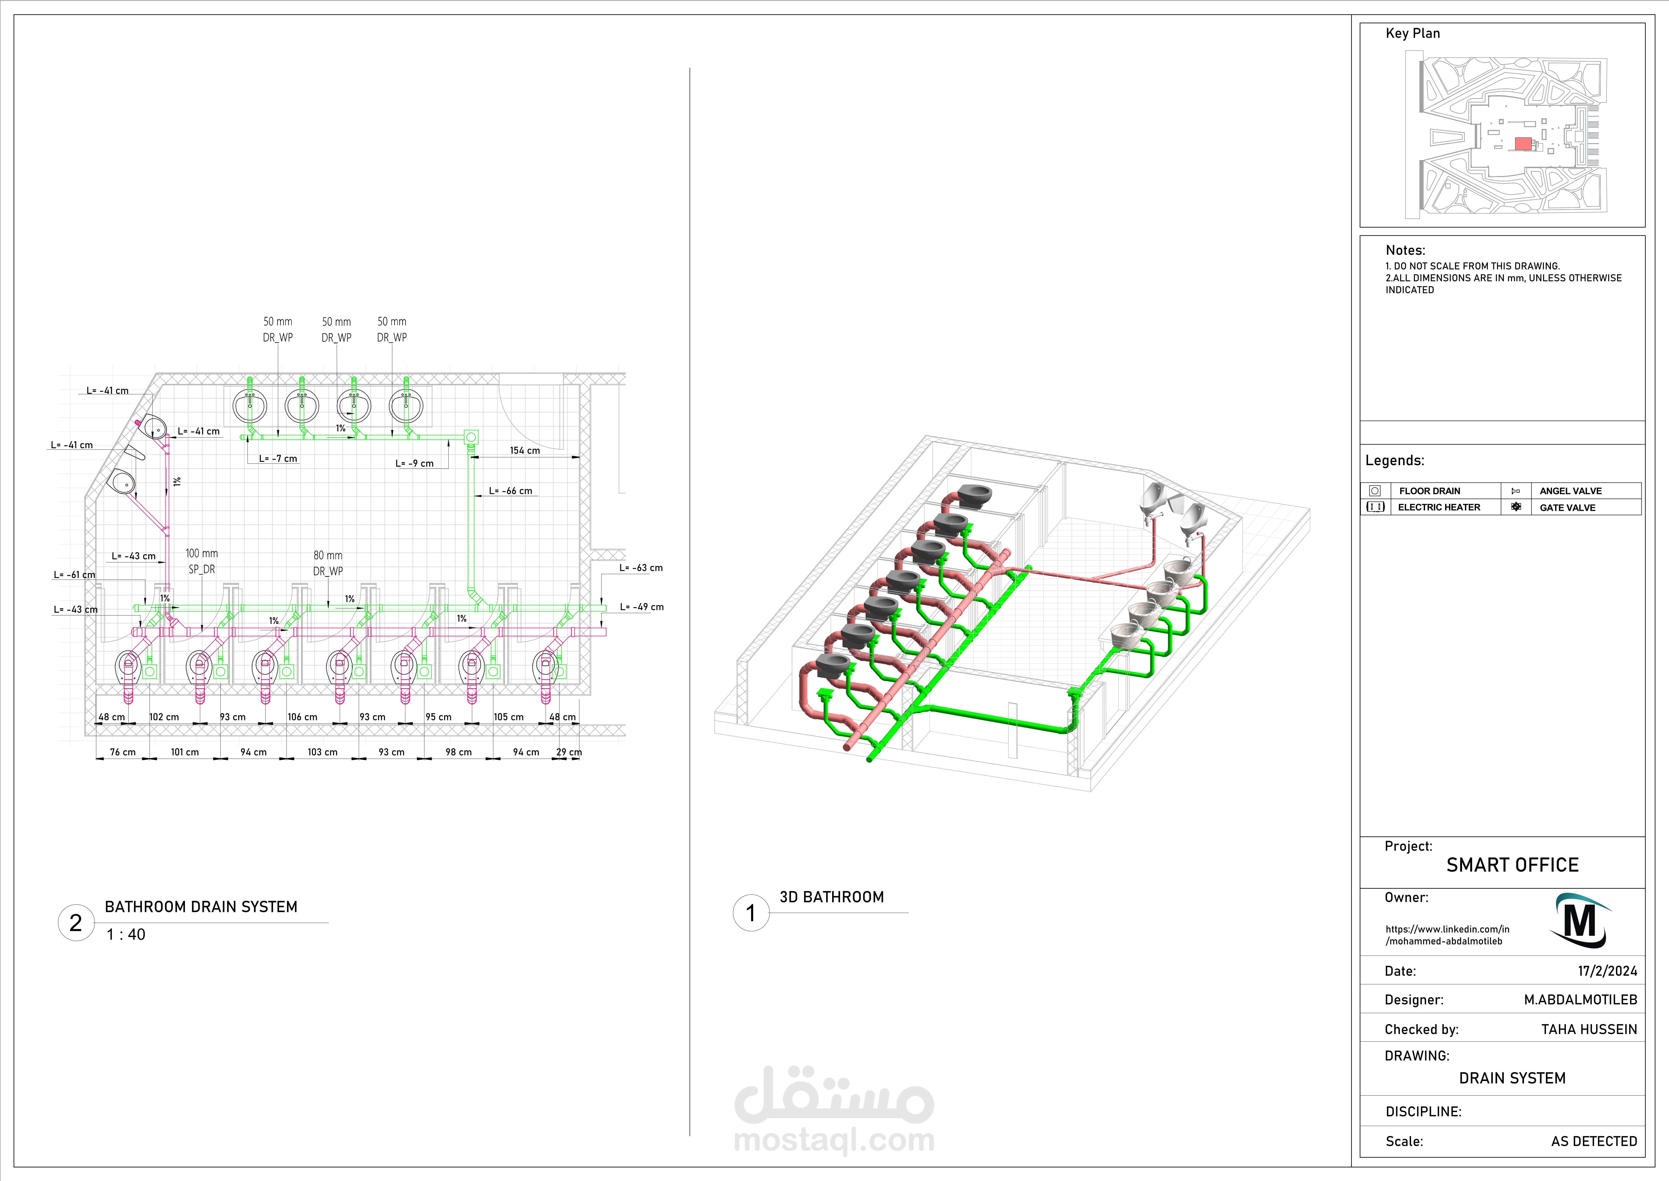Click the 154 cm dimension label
pos(525,451)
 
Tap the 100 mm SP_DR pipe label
pos(201,561)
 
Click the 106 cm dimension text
pos(302,717)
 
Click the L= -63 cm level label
pos(641,568)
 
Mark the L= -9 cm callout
pos(414,463)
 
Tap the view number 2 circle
pos(76,923)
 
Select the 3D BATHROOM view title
pos(832,897)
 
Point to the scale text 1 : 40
pos(126,934)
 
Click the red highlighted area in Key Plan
pos(1523,143)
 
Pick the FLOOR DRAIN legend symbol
pos(1375,491)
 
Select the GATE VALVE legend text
pos(1567,508)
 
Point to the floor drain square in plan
pos(471,437)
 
